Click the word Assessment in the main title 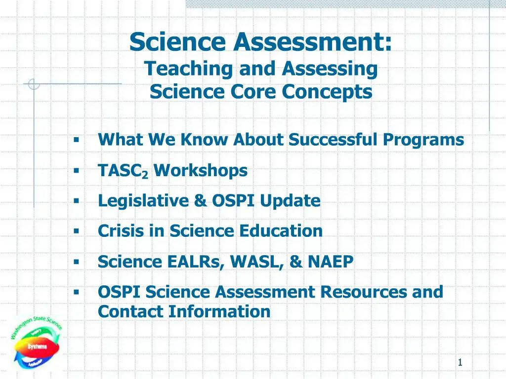click(313, 42)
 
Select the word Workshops click(200, 171)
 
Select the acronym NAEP click(330, 262)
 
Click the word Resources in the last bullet click(364, 292)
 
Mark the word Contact click(130, 312)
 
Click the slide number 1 click(460, 363)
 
